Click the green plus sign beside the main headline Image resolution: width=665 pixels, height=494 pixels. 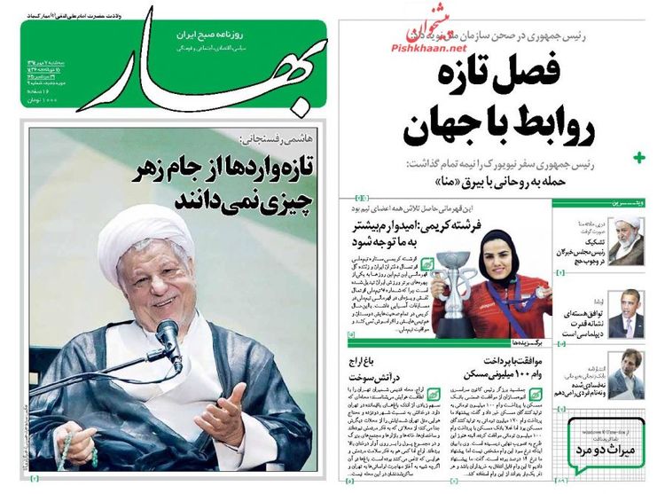coord(640,158)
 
